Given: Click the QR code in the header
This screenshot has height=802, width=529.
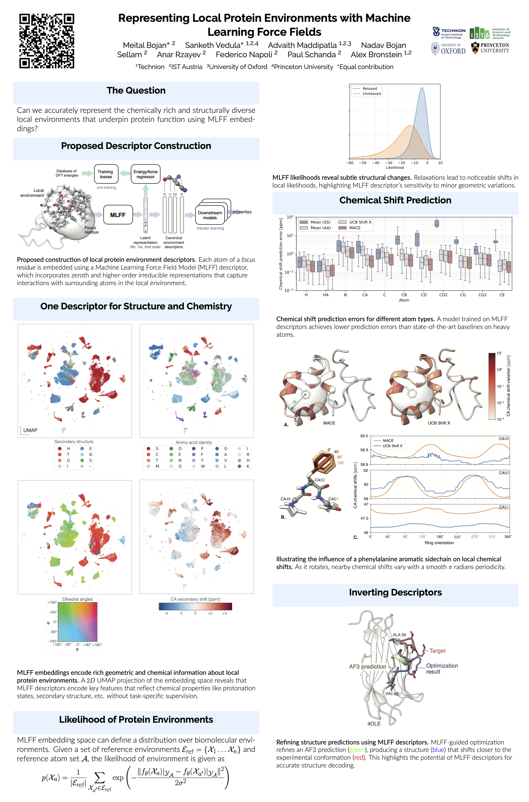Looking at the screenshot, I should pyautogui.click(x=47, y=41).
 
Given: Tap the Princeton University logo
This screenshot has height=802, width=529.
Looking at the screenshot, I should pyautogui.click(x=490, y=48).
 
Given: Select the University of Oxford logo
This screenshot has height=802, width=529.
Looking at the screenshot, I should pyautogui.click(x=448, y=49).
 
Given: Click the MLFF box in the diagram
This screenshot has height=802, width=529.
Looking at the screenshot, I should pyautogui.click(x=118, y=215).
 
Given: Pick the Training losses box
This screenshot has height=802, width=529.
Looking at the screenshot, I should pyautogui.click(x=105, y=174).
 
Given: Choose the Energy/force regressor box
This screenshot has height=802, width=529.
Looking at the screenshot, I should pyautogui.click(x=145, y=174).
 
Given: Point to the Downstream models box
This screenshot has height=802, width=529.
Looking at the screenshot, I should pyautogui.click(x=210, y=215).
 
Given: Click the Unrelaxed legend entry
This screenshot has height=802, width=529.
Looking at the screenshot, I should pyautogui.click(x=372, y=94).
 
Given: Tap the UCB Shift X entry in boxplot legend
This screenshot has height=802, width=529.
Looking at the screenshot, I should pyautogui.click(x=360, y=222).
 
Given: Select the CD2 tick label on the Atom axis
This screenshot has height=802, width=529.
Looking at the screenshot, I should pyautogui.click(x=443, y=294).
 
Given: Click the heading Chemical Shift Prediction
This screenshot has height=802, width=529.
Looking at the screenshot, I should pyautogui.click(x=395, y=200).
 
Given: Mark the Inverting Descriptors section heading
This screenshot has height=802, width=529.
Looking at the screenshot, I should pyautogui.click(x=395, y=592).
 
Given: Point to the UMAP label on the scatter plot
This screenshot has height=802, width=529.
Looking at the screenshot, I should pyautogui.click(x=30, y=430).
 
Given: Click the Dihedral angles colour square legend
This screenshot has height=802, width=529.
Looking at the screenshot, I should pyautogui.click(x=77, y=622).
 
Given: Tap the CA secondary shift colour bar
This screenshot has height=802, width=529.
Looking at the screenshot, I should pyautogui.click(x=195, y=606).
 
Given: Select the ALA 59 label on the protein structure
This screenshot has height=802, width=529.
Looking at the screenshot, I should pyautogui.click(x=399, y=635).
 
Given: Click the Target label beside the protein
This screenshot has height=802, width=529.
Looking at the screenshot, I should pyautogui.click(x=437, y=651).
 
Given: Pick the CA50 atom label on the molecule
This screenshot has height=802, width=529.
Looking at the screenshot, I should pyautogui.click(x=320, y=480).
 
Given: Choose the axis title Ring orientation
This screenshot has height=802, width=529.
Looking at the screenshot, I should pyautogui.click(x=439, y=543).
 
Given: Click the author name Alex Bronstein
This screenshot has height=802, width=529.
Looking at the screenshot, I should pyautogui.click(x=376, y=55).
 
